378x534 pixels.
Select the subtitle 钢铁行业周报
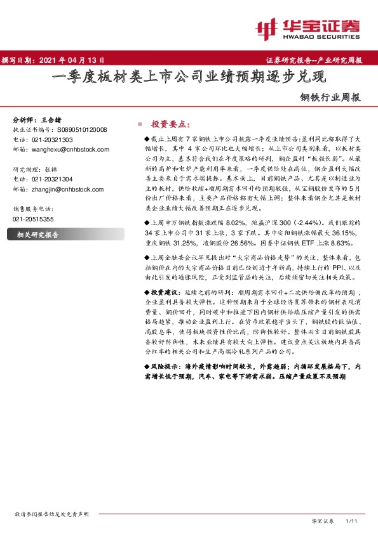(x=330, y=98)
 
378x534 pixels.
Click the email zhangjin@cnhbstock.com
(x=65, y=189)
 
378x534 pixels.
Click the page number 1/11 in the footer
(x=352, y=521)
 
